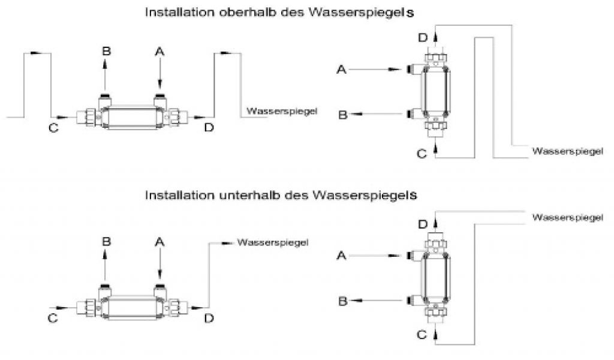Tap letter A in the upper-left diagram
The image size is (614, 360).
(159, 52)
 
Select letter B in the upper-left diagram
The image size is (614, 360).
(106, 52)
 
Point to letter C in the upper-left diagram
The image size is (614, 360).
(53, 127)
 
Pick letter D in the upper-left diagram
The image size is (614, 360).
(208, 127)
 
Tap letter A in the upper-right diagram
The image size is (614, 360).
(342, 70)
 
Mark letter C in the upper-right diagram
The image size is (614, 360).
(422, 154)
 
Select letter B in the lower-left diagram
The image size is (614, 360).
(106, 242)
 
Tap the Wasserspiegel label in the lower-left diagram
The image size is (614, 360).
(273, 242)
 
